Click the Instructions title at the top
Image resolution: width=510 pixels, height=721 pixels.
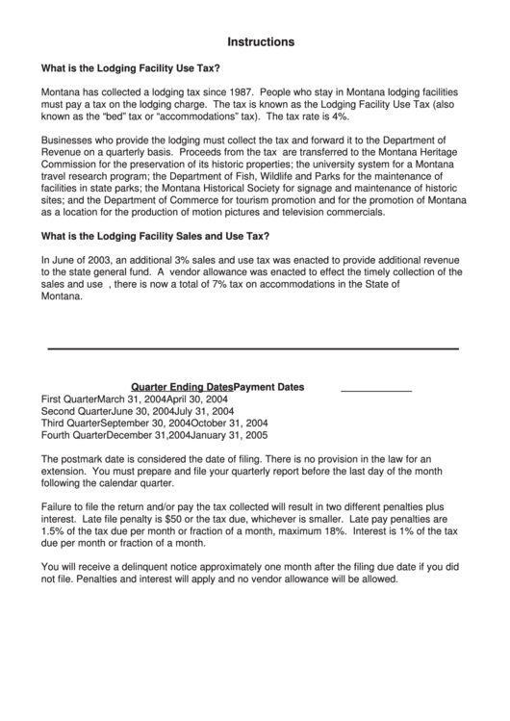261,42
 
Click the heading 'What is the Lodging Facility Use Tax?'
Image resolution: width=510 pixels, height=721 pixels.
130,68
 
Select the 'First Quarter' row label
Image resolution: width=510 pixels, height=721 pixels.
69,399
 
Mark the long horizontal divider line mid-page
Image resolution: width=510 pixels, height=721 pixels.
253,348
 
